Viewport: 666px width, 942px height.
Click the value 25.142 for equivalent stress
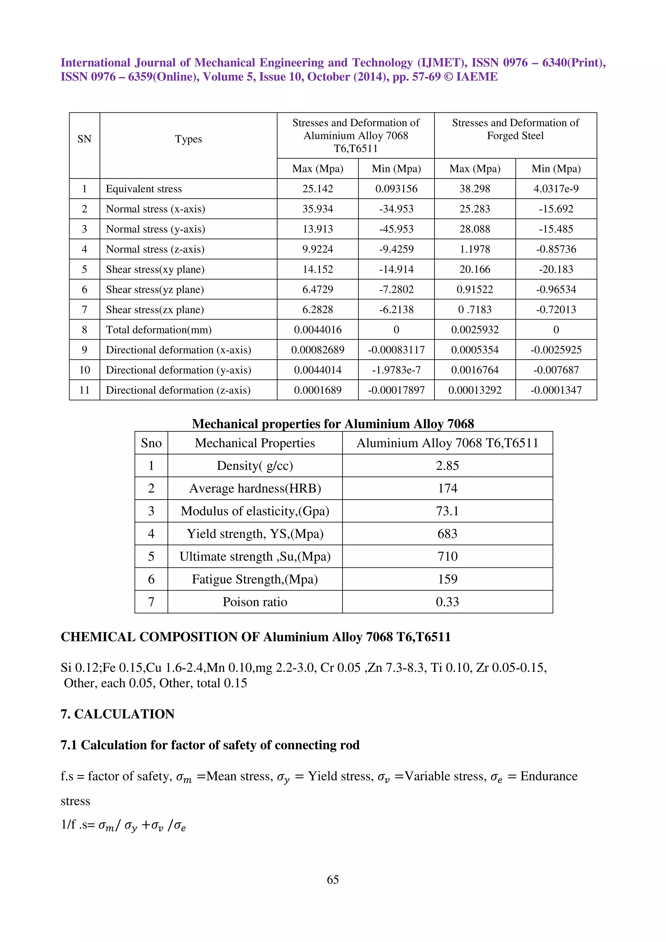(x=318, y=189)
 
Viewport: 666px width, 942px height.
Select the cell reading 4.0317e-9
(x=556, y=189)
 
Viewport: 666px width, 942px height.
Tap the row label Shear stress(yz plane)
(x=155, y=290)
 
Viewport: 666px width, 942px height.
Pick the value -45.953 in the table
(x=396, y=229)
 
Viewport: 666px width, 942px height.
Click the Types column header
(x=188, y=139)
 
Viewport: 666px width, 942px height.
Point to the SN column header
(x=84, y=139)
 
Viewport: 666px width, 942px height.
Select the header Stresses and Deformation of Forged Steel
(x=515, y=129)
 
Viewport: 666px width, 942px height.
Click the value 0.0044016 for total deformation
(x=318, y=330)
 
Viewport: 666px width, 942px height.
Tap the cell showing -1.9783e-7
(x=396, y=370)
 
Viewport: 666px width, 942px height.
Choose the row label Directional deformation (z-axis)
(x=178, y=390)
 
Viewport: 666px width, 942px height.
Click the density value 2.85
(x=447, y=466)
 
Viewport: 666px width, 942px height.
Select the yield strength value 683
(x=447, y=534)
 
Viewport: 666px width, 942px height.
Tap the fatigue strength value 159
(x=447, y=579)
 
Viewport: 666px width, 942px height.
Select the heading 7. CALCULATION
(x=117, y=714)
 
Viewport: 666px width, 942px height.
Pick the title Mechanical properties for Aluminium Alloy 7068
(x=332, y=424)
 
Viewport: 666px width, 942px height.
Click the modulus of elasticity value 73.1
(x=447, y=511)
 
